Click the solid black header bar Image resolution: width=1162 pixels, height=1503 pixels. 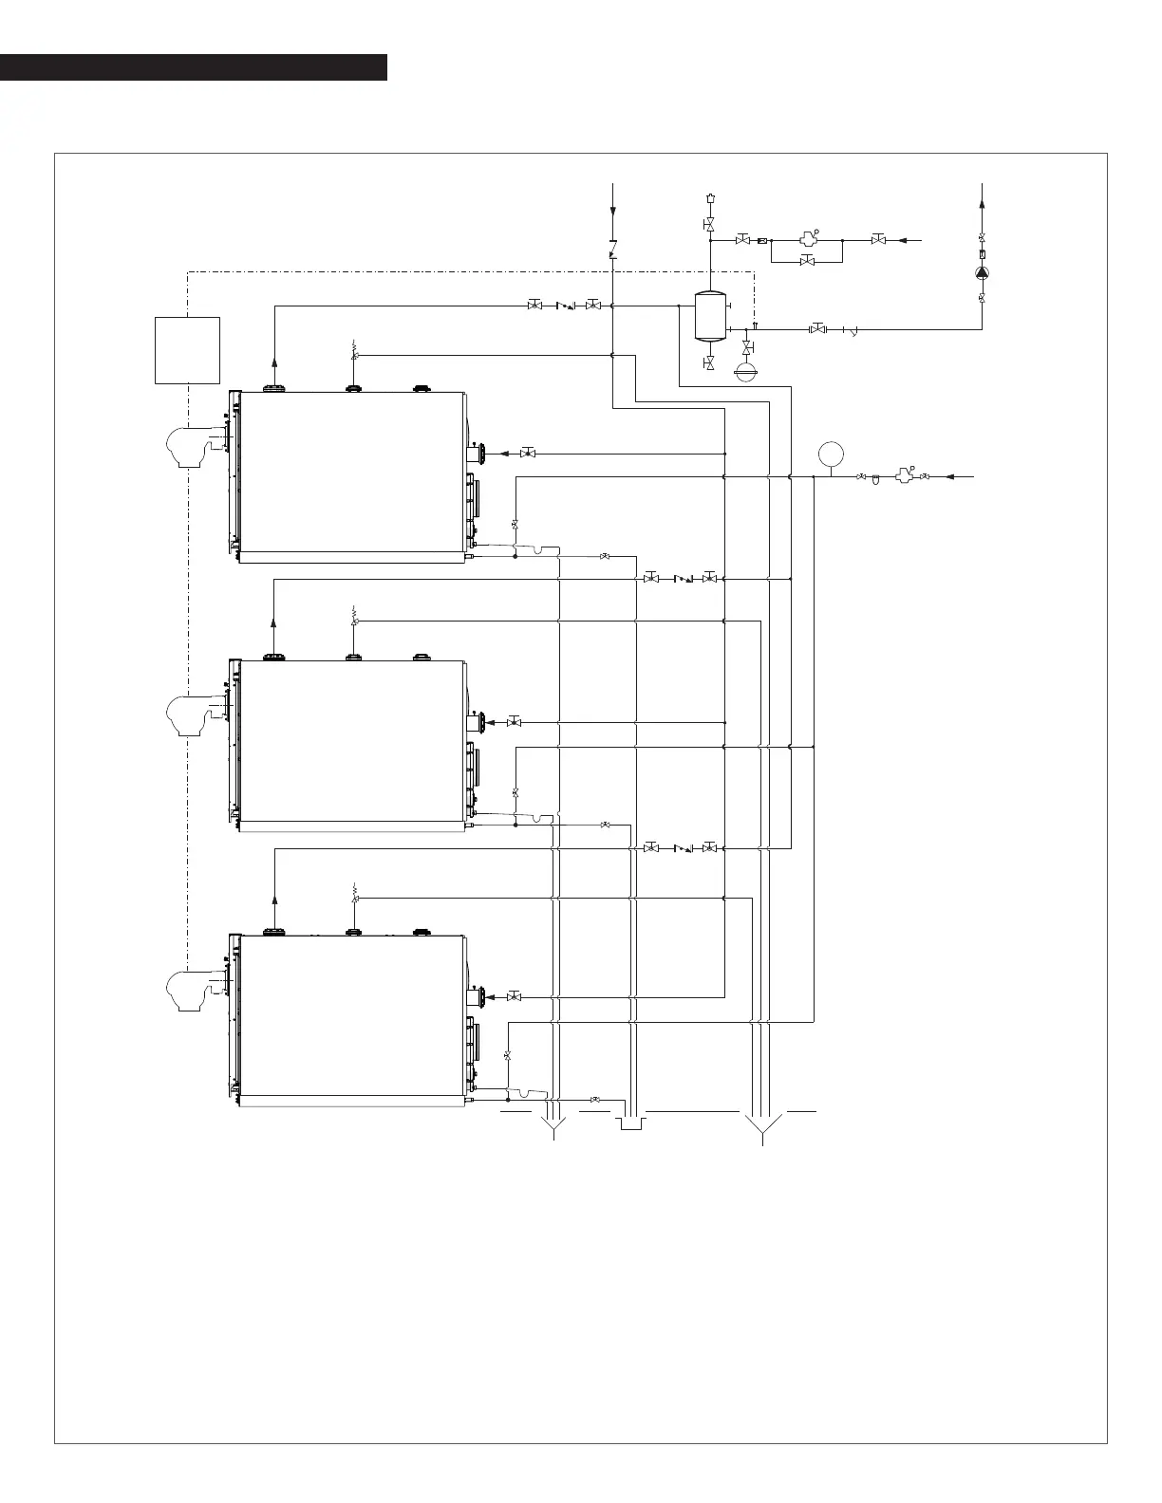tap(194, 67)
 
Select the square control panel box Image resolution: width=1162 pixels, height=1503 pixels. tap(187, 350)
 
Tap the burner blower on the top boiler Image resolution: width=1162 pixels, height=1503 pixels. tap(196, 447)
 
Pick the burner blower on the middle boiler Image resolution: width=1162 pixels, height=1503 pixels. tap(196, 715)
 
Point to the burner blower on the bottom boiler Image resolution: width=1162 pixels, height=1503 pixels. tap(196, 991)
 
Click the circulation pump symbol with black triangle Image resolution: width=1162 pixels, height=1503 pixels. tap(982, 273)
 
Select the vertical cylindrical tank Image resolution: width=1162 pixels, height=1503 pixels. tap(710, 315)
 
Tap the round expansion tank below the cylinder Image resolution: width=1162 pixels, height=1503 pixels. tap(748, 370)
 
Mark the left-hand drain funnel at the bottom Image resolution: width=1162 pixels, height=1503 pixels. tap(553, 1126)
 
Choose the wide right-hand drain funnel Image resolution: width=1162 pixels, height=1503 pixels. tap(763, 1126)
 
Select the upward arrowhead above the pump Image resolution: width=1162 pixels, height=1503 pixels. tap(982, 201)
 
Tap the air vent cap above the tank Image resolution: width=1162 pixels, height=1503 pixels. tap(710, 198)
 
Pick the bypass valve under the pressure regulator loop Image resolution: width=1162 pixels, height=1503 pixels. tap(807, 261)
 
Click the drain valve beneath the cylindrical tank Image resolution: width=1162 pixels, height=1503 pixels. tap(710, 363)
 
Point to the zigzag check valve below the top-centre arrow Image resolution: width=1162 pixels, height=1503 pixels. tap(613, 250)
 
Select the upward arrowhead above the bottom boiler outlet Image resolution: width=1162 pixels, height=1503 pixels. tap(274, 899)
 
